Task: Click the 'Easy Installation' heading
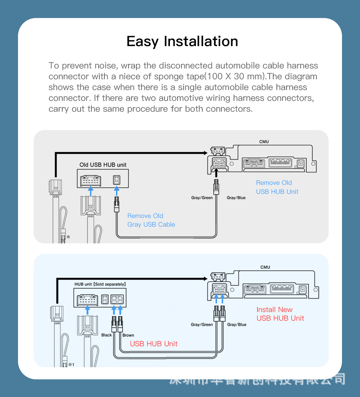point(182,41)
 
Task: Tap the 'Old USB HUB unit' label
point(103,165)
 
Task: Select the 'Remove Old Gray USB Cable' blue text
point(151,220)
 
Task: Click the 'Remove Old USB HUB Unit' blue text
point(277,187)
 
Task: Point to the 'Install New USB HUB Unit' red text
point(280,314)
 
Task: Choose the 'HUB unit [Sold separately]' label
point(100,284)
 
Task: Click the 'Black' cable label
point(107,335)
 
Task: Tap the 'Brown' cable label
point(128,335)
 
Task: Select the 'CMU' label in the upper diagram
point(264,142)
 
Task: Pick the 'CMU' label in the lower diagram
point(265,267)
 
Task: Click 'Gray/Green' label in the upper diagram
point(202,198)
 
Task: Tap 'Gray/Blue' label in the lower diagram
point(237,325)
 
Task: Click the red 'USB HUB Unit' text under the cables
point(154,344)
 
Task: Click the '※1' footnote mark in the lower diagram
point(71,364)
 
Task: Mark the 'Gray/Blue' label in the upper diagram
point(236,198)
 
